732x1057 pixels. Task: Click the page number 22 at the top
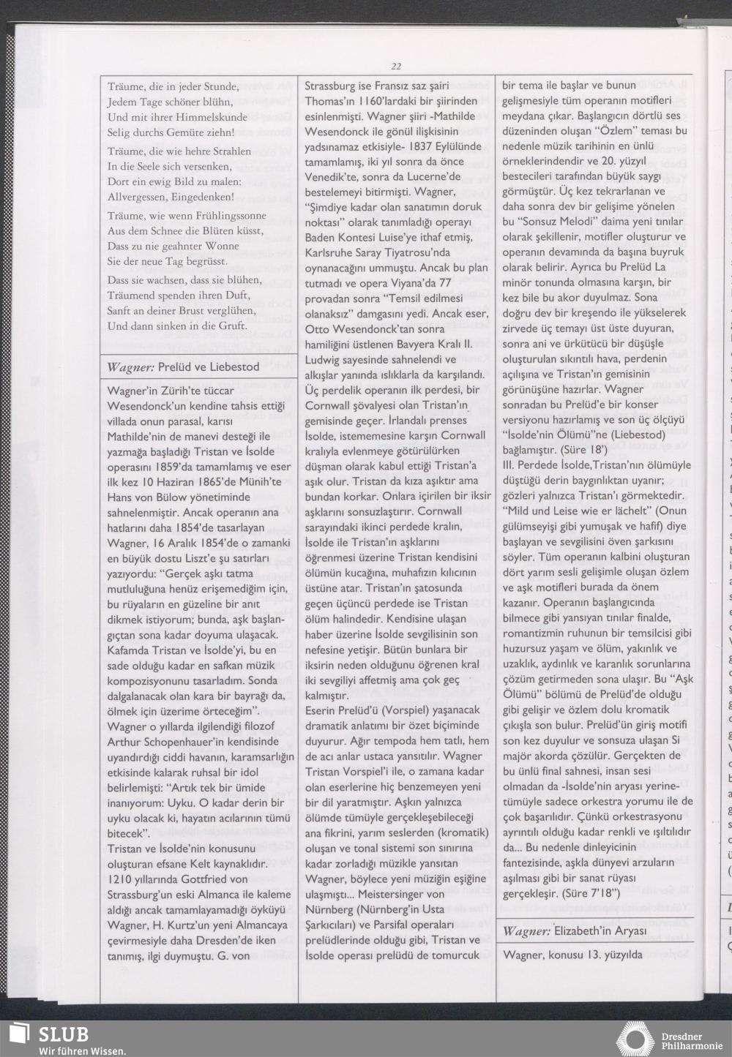pos(396,66)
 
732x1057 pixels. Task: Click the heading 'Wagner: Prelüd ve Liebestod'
pos(183,366)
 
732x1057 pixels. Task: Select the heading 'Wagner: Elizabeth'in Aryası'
pos(575,931)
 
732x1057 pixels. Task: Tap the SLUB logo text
pos(63,1034)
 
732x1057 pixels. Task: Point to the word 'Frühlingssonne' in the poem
pos(230,216)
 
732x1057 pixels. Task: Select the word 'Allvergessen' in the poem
pos(138,197)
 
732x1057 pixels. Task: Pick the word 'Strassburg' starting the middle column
pos(332,85)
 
